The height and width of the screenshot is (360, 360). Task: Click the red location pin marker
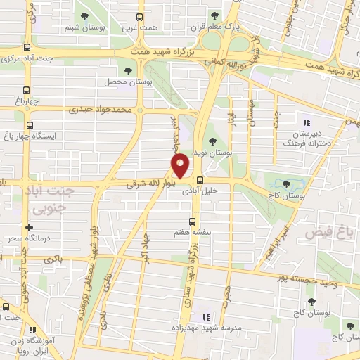[x=181, y=166]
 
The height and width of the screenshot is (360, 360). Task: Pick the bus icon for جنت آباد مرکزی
[x=27, y=48]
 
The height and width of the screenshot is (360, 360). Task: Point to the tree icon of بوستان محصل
[x=128, y=70]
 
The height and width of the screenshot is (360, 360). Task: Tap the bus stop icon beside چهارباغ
[x=27, y=89]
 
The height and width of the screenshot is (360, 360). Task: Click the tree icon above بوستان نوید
[x=212, y=141]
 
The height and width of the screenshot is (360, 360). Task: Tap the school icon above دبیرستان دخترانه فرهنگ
[x=307, y=121]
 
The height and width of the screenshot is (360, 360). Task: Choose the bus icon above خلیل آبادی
[x=200, y=179]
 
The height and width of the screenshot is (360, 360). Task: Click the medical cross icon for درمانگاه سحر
[x=29, y=228]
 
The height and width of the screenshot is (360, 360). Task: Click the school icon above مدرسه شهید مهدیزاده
[x=205, y=317]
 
